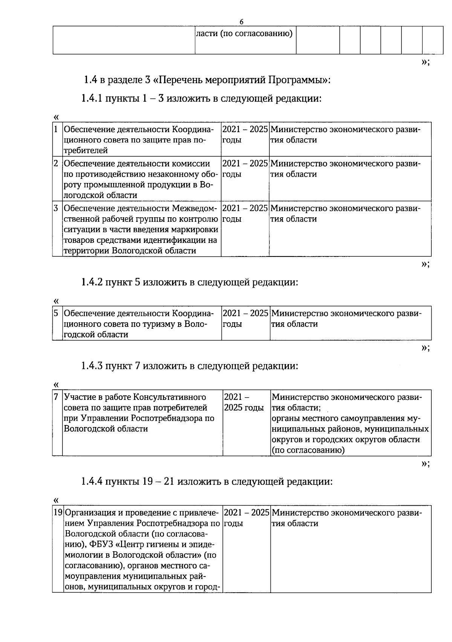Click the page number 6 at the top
[241, 21]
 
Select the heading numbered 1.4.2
[189, 282]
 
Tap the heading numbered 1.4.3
[189, 366]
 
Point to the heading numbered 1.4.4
[207, 482]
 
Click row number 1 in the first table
[56, 130]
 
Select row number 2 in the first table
[56, 164]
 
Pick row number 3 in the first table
[56, 208]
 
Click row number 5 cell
[56, 313]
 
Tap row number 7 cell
[56, 397]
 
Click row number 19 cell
[58, 513]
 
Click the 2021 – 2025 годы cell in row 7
[244, 403]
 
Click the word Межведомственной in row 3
[194, 209]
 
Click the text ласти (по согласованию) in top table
[244, 34]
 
